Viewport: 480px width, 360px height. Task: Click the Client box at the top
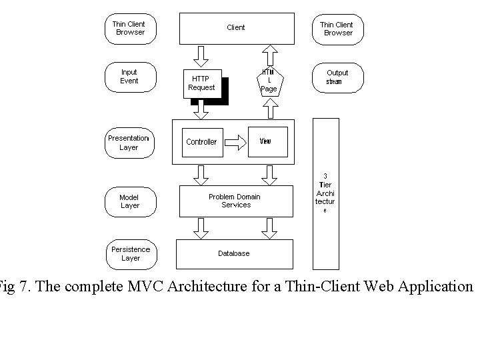click(x=236, y=28)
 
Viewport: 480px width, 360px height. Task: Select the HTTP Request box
click(x=201, y=83)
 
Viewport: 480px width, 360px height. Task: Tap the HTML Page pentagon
click(x=269, y=81)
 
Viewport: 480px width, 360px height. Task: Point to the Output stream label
click(x=337, y=77)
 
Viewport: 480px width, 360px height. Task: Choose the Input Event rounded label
click(x=129, y=77)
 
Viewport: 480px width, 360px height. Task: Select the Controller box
click(x=201, y=142)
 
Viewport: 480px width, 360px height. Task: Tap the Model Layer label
click(x=129, y=201)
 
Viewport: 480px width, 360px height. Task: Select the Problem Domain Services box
click(x=236, y=201)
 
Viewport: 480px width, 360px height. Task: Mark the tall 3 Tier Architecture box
click(x=325, y=193)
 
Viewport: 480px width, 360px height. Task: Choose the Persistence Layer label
click(x=131, y=253)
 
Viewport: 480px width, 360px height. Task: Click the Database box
click(x=234, y=253)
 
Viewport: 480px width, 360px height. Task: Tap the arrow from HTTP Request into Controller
click(x=201, y=109)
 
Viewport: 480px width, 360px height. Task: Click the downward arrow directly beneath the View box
click(x=269, y=175)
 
